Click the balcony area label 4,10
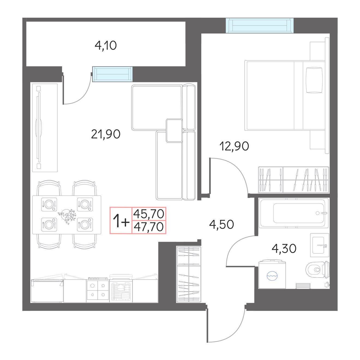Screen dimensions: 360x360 pos(106,46)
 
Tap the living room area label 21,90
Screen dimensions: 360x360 pos(106,134)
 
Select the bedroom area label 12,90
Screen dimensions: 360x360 pos(234,146)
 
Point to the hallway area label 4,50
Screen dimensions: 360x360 pos(221,224)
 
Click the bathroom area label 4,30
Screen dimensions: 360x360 pos(284,248)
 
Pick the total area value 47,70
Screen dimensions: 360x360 pos(149,227)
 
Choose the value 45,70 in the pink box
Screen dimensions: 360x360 pos(149,214)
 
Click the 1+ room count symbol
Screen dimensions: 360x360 pos(121,221)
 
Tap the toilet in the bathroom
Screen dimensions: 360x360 pos(318,269)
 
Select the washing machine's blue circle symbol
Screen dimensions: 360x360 pos(272,276)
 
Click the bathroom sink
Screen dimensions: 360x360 pos(320,245)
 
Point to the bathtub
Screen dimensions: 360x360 pos(293,213)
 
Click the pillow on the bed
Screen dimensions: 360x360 pos(314,80)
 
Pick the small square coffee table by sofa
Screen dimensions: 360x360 pos(174,131)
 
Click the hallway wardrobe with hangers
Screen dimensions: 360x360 pos(189,274)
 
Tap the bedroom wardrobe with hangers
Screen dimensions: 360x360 pos(293,180)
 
